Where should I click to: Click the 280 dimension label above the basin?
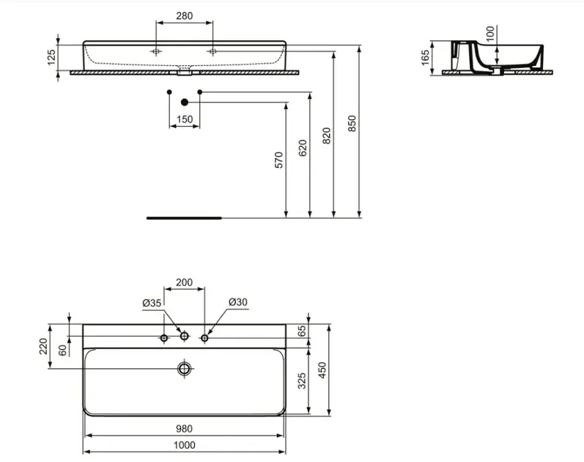click(x=185, y=15)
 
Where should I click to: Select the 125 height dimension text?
click(x=51, y=57)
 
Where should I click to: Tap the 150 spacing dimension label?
click(x=185, y=120)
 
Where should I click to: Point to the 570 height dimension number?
click(x=278, y=160)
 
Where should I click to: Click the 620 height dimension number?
click(x=303, y=147)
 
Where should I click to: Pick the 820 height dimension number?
click(x=326, y=136)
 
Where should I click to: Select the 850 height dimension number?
click(x=352, y=123)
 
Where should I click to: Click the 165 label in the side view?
click(x=425, y=57)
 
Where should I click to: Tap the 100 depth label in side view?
click(x=490, y=34)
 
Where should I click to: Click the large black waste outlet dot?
click(x=185, y=102)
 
